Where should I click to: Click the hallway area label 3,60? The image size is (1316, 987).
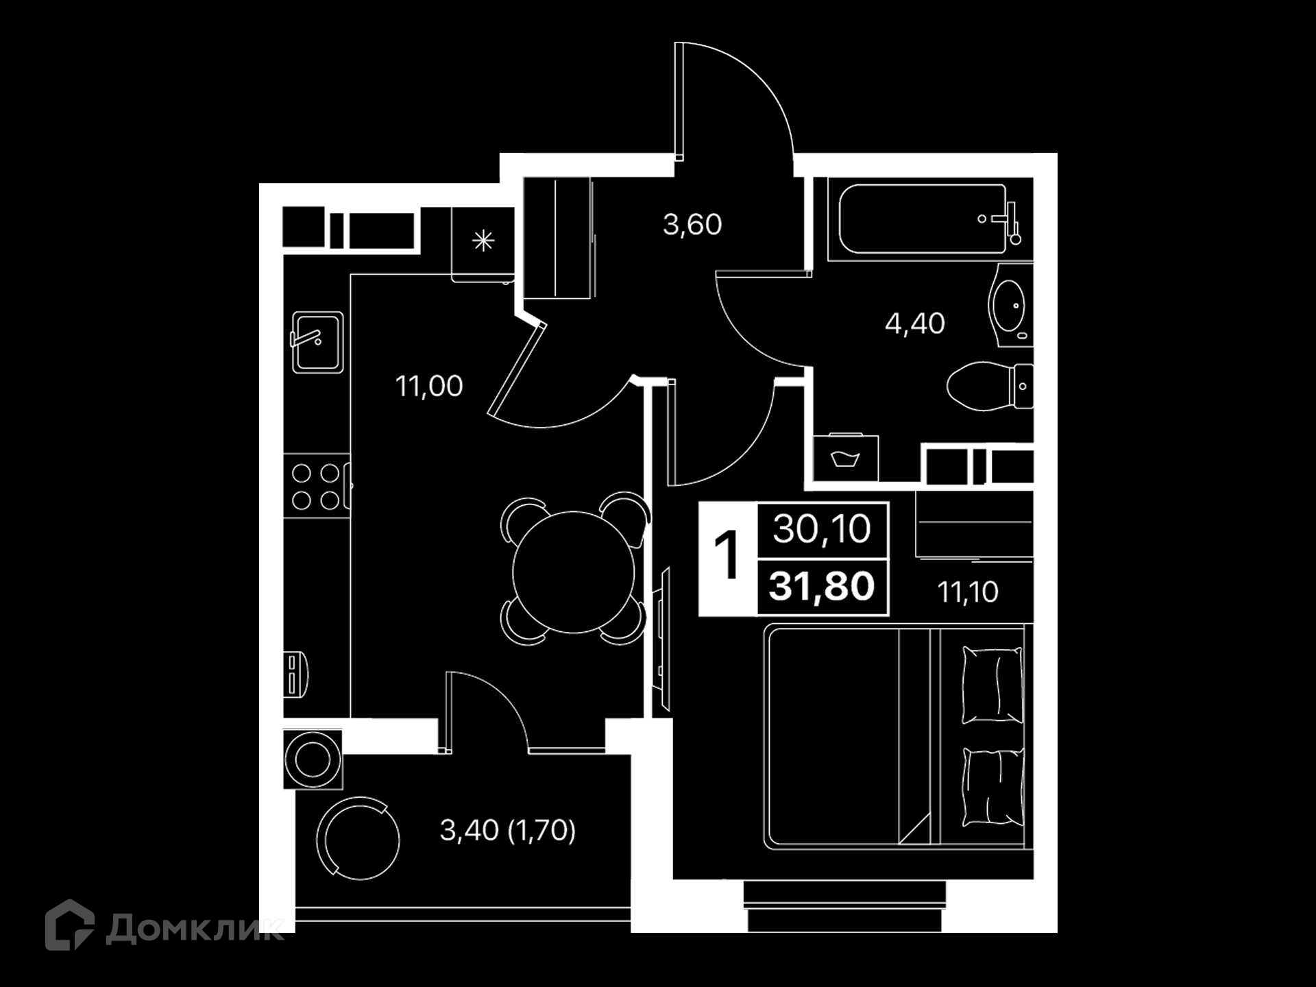click(x=692, y=225)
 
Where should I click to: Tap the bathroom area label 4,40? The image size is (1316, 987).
click(x=914, y=324)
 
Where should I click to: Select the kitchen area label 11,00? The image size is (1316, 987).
click(x=429, y=387)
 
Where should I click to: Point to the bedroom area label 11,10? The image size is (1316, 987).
click(x=967, y=592)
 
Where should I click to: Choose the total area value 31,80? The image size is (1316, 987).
click(x=822, y=587)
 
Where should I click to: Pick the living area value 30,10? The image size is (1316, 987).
click(x=822, y=529)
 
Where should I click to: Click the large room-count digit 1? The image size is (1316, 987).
click(x=727, y=555)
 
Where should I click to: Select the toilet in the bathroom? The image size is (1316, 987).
click(x=989, y=387)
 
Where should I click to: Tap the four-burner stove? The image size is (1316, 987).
click(x=316, y=487)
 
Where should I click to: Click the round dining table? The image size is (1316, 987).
click(x=574, y=572)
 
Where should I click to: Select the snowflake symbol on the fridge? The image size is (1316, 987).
click(x=483, y=241)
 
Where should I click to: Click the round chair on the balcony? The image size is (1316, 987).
click(x=358, y=838)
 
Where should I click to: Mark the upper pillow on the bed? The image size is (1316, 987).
click(x=992, y=685)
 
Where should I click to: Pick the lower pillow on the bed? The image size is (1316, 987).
click(x=993, y=789)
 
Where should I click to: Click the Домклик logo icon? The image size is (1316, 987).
click(x=69, y=925)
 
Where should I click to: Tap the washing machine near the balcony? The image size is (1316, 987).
click(x=313, y=759)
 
